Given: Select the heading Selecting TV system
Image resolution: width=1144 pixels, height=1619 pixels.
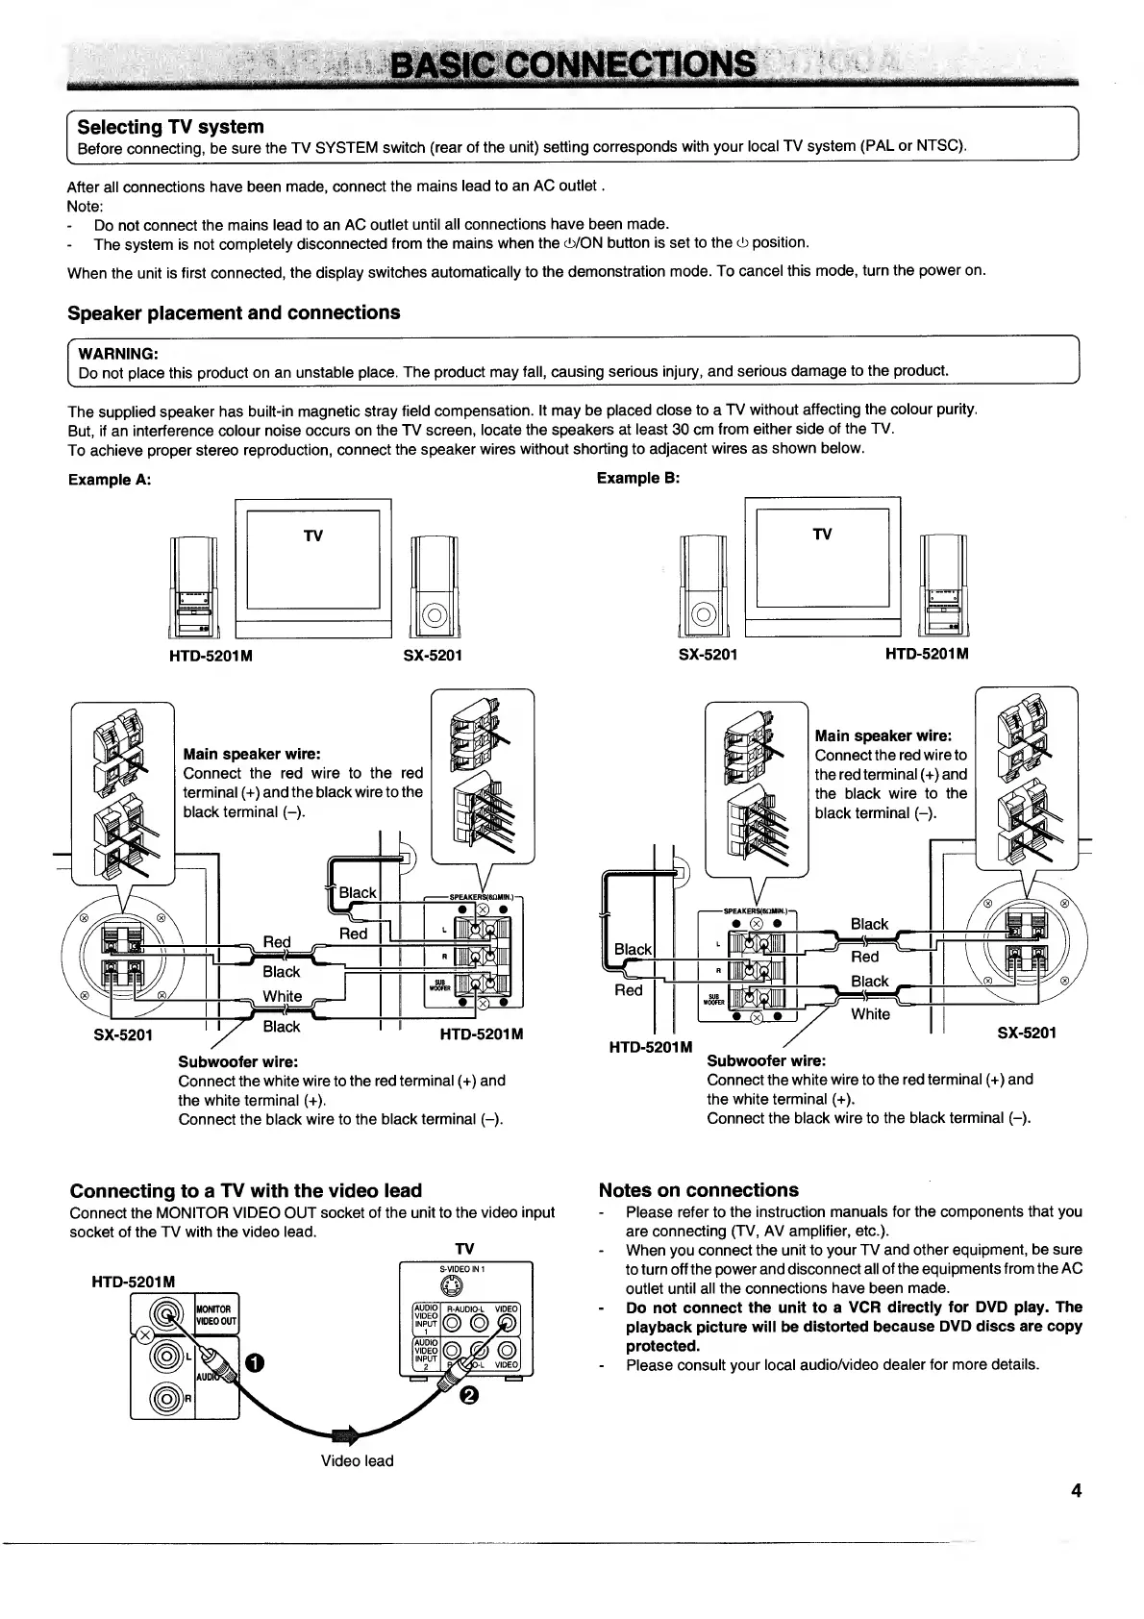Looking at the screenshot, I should coord(170,127).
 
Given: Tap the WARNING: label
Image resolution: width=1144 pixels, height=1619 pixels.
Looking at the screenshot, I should coord(118,353).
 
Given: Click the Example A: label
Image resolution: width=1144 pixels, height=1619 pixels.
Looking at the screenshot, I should coord(110,480).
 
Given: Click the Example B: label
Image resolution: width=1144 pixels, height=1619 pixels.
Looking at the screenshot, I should coord(638,478).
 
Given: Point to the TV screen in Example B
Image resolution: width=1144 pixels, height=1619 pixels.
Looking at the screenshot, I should coord(822,557).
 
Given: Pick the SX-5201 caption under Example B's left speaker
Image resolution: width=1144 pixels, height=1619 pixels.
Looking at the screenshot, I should coord(709,655).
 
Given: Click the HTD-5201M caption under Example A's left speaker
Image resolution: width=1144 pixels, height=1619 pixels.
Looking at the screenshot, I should coord(211,656).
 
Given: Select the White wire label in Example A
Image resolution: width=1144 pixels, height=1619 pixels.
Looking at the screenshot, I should coord(282,996).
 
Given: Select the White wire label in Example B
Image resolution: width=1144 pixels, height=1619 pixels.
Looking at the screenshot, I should coord(870,1013).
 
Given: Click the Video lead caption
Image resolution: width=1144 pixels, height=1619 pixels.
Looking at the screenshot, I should coord(357,1460).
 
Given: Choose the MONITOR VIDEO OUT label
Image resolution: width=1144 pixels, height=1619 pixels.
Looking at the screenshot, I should coord(215,1315).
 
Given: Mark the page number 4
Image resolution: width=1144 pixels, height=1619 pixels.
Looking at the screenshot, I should coord(1076,1491).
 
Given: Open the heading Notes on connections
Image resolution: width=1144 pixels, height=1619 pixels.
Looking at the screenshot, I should coord(698,1190).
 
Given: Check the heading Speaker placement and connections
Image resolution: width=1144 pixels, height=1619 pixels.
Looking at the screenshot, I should coord(234,312).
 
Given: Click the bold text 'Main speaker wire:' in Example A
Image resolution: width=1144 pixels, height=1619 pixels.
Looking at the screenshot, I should coord(252,754).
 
